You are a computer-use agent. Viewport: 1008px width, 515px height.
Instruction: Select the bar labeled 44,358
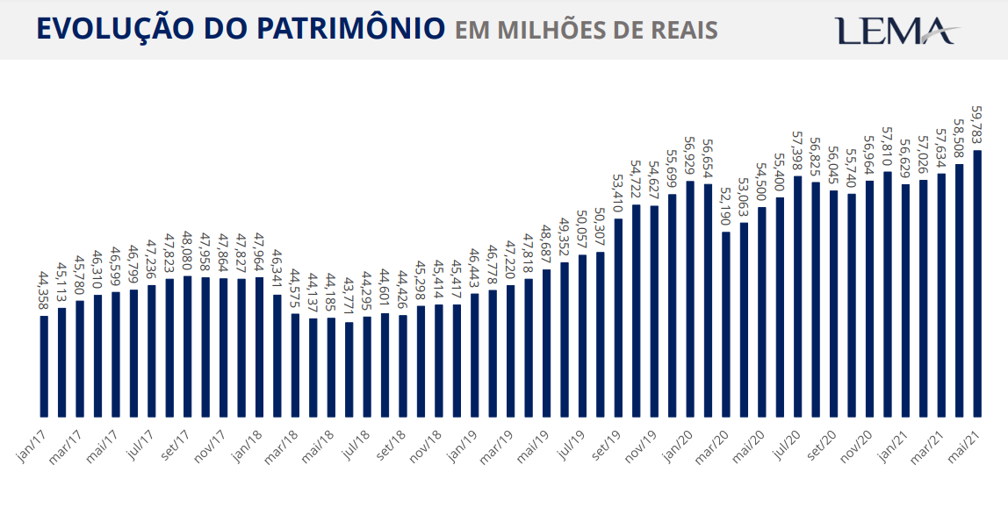[44, 365]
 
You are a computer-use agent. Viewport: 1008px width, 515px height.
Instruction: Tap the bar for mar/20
[726, 324]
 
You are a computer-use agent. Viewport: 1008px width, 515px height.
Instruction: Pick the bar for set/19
[618, 317]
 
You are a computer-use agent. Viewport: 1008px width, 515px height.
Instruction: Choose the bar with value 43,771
[349, 369]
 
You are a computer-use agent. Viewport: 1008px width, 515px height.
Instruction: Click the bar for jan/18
[259, 347]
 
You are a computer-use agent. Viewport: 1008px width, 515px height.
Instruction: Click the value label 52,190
[725, 206]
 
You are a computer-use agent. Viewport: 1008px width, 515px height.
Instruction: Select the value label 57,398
[797, 152]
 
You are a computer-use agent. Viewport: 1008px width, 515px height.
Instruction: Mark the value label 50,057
[582, 230]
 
